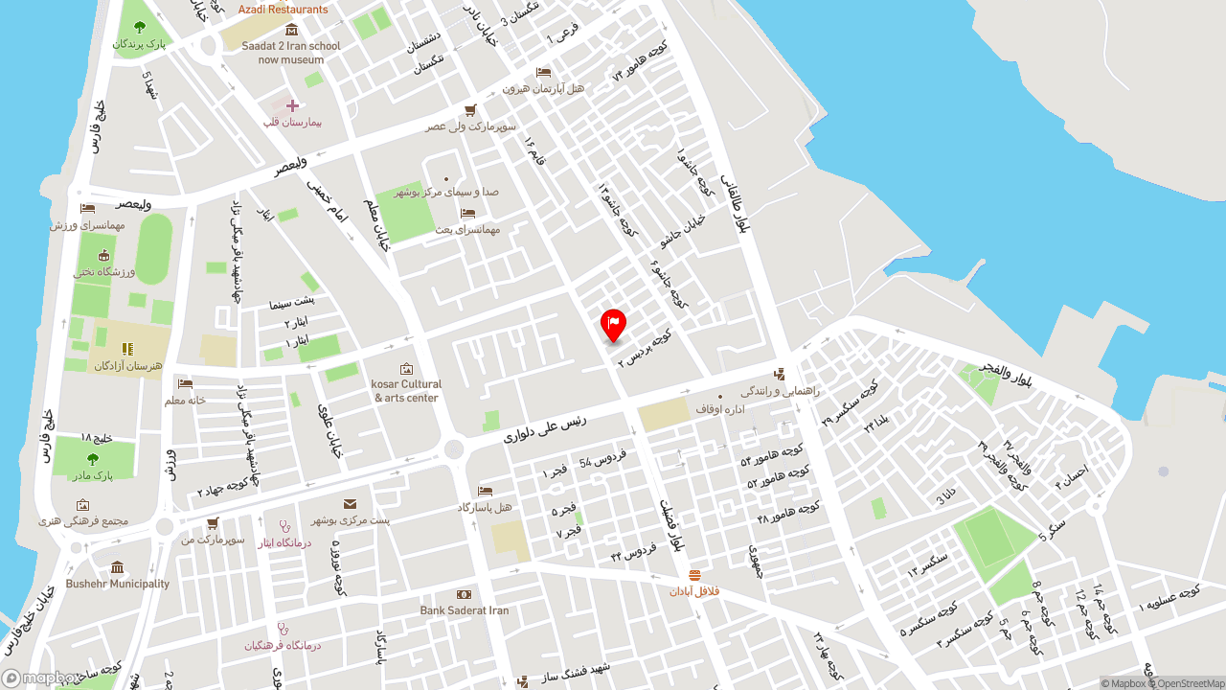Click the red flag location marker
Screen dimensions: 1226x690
click(x=613, y=324)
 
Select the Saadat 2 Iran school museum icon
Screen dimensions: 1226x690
click(x=291, y=30)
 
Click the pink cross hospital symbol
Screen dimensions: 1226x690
click(x=292, y=105)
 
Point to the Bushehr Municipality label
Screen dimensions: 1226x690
click(x=118, y=584)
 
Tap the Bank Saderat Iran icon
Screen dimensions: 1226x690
click(x=464, y=595)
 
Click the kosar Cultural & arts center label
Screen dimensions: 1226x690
click(x=406, y=391)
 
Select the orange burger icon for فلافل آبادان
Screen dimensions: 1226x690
click(x=694, y=576)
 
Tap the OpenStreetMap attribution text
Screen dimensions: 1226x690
click(x=1191, y=683)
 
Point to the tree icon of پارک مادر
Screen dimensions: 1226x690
click(x=93, y=459)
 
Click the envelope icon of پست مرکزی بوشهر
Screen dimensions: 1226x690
click(x=350, y=504)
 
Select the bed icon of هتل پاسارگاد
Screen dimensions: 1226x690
click(x=485, y=492)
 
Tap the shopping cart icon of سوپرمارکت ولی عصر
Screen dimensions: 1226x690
click(x=470, y=110)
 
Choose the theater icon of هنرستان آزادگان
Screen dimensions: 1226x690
click(x=127, y=349)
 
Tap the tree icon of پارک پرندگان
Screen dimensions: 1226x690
click(x=140, y=27)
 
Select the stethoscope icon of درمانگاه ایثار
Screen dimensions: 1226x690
click(x=284, y=526)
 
